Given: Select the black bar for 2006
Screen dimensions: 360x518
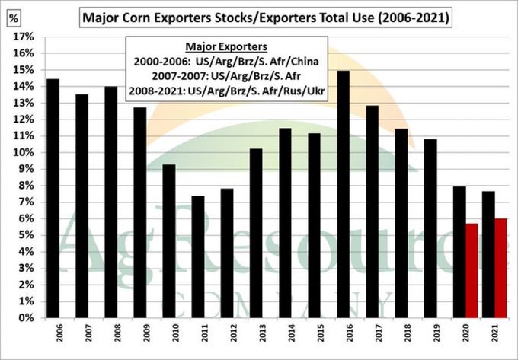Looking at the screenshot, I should coord(53,198).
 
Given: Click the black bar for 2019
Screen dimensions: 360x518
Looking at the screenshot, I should coord(430,228).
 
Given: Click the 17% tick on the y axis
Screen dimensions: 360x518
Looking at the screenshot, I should coord(21,37).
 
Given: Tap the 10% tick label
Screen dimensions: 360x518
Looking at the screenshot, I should coord(21,152).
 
